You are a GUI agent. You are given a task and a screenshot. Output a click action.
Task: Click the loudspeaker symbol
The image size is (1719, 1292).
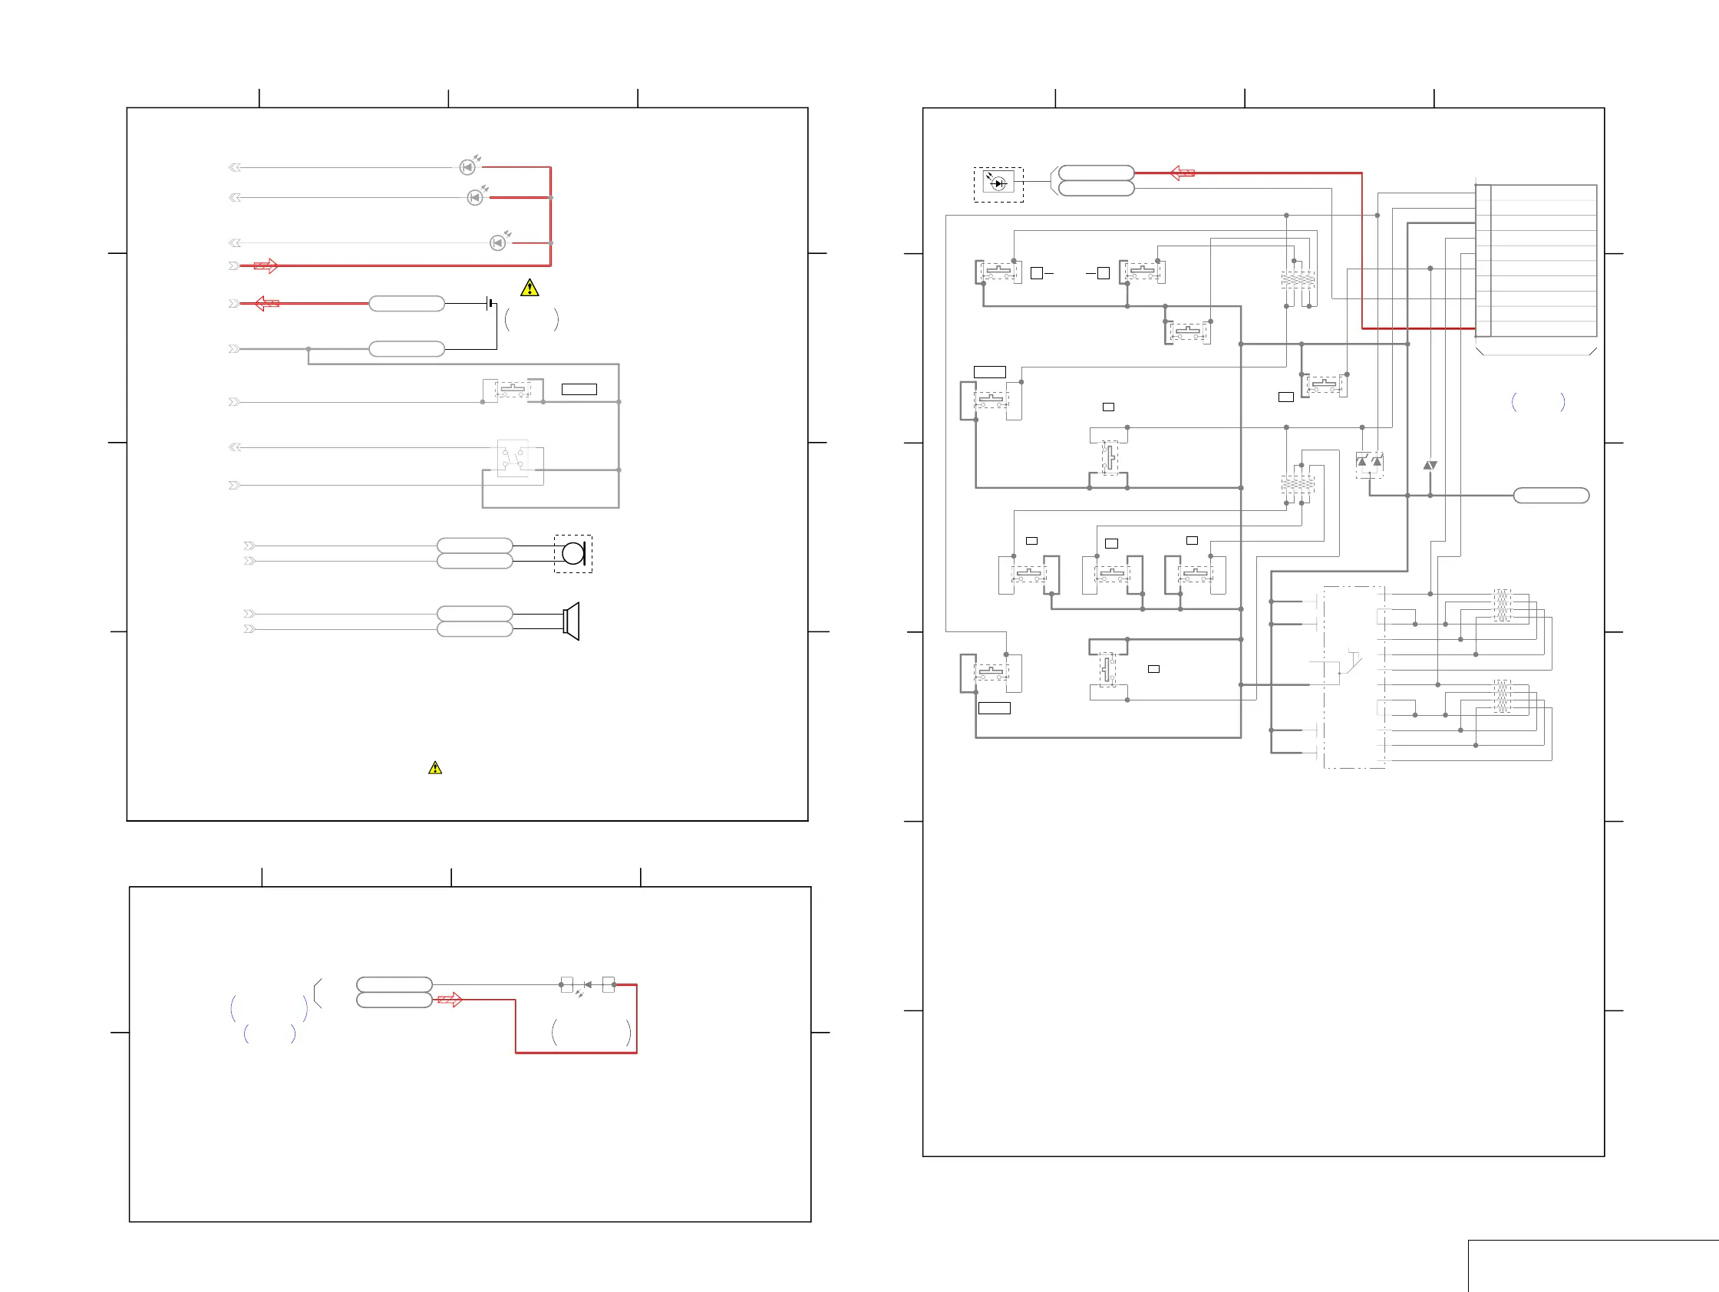pyautogui.click(x=571, y=621)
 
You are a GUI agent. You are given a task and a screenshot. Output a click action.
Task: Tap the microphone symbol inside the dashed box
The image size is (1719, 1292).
pyautogui.click(x=573, y=554)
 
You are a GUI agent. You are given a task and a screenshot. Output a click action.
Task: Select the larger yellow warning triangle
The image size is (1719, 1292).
pyautogui.click(x=530, y=288)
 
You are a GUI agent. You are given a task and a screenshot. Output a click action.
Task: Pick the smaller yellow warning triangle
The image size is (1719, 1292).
pyautogui.click(x=435, y=767)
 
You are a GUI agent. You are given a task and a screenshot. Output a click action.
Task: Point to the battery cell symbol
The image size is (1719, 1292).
pyautogui.click(x=490, y=303)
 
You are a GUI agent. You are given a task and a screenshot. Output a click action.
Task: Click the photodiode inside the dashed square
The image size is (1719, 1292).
pyautogui.click(x=998, y=184)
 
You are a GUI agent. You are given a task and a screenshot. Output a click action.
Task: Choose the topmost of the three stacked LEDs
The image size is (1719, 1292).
pyautogui.click(x=468, y=167)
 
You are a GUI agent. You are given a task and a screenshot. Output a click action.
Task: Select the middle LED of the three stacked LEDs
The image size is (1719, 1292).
pyautogui.click(x=475, y=197)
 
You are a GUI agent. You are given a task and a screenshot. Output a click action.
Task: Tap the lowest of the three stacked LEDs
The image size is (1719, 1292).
pyautogui.click(x=497, y=243)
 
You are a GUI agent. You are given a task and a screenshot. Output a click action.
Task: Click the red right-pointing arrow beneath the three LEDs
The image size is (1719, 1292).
pyautogui.click(x=266, y=265)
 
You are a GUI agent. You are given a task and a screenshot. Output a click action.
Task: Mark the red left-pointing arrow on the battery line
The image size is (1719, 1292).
pyautogui.click(x=266, y=303)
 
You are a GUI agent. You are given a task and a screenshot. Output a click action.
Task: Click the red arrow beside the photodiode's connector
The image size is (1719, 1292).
pyautogui.click(x=1182, y=173)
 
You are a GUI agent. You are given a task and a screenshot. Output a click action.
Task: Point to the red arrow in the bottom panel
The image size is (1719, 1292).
pyautogui.click(x=450, y=1000)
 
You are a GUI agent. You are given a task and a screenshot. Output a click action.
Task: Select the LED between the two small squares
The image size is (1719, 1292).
pyautogui.click(x=588, y=985)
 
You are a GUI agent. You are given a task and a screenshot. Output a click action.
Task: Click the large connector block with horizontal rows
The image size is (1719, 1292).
pyautogui.click(x=1536, y=261)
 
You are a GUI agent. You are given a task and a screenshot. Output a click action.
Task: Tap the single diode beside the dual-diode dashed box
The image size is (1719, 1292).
pyautogui.click(x=1430, y=466)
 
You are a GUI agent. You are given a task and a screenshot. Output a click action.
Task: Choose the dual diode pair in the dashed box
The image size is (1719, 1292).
pyautogui.click(x=1369, y=463)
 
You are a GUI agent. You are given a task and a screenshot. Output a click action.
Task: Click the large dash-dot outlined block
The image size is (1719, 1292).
pyautogui.click(x=1354, y=677)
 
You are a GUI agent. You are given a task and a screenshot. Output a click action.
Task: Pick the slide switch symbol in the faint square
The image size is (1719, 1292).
pyautogui.click(x=513, y=458)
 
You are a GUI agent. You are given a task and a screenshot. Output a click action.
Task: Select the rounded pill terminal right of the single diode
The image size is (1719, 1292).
pyautogui.click(x=1551, y=496)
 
